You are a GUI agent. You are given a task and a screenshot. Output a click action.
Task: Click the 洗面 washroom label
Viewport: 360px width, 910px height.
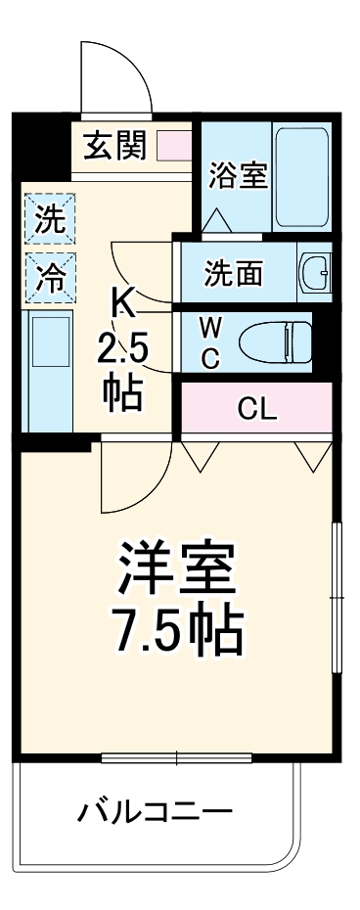point(233,274)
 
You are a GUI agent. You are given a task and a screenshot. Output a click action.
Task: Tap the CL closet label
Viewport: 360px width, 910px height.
point(257,409)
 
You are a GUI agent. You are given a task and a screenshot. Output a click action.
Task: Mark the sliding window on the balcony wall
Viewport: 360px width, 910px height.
point(176,757)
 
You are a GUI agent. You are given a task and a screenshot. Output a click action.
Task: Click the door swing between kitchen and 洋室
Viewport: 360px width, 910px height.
point(132,479)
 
